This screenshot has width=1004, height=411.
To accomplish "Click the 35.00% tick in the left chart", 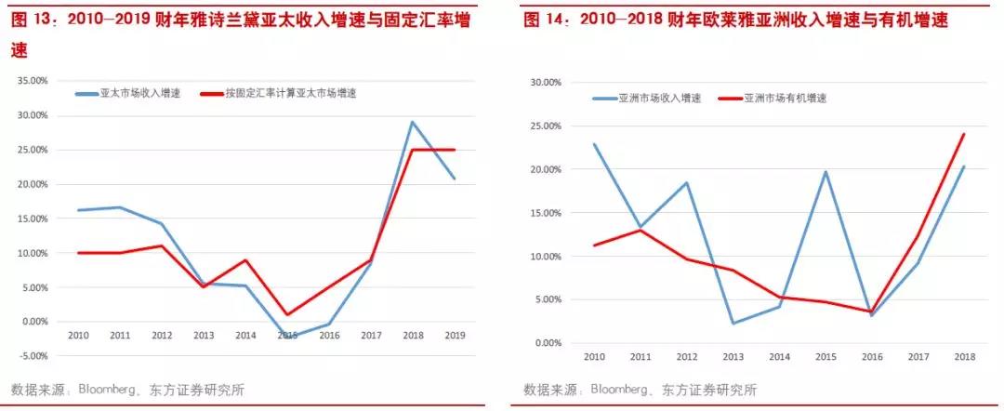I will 34,81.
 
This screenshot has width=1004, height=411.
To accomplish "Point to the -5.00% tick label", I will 34,356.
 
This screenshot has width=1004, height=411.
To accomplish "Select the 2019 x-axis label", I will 454,335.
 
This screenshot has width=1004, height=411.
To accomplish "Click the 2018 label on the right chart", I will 963,356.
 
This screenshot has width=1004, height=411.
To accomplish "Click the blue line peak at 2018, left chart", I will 412,122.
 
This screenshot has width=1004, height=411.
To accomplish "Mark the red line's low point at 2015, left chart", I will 288,314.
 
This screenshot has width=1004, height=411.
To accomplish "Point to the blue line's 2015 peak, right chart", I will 825,172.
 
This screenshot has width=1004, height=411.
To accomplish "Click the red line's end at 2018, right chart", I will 964,134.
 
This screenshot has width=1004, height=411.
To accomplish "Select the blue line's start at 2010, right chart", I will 593,144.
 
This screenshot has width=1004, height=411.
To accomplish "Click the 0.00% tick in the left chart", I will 36,322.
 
